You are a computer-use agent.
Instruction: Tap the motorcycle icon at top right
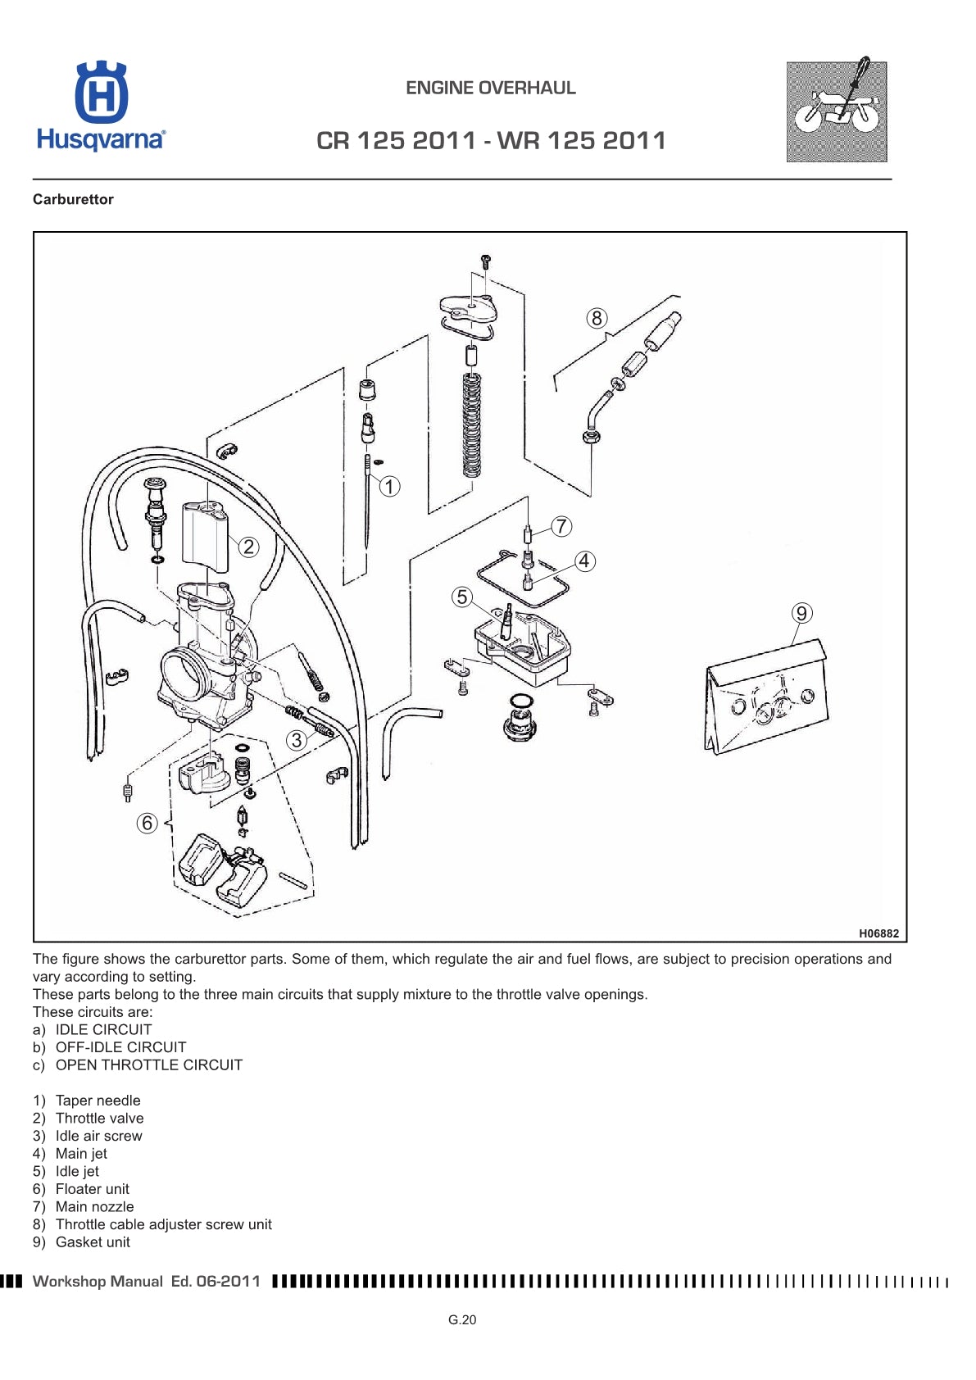pos(836,111)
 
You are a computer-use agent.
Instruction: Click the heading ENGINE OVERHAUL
pos(490,88)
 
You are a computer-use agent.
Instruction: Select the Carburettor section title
pos(73,199)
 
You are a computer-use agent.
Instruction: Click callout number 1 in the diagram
pos(389,487)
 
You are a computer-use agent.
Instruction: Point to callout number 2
pos(248,547)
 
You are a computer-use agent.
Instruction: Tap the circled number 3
pos(297,740)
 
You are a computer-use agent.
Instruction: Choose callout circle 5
pos(462,597)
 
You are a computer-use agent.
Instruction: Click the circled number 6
pos(147,823)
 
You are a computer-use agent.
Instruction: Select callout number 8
pos(596,318)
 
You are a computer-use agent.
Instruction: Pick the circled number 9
pos(801,613)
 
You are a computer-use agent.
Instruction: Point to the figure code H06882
pos(878,933)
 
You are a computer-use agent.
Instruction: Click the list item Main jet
pos(80,1153)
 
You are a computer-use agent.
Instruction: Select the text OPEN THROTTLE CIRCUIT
pos(148,1065)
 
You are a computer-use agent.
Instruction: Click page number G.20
pos(462,1319)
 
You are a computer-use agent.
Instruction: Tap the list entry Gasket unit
pos(92,1242)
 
